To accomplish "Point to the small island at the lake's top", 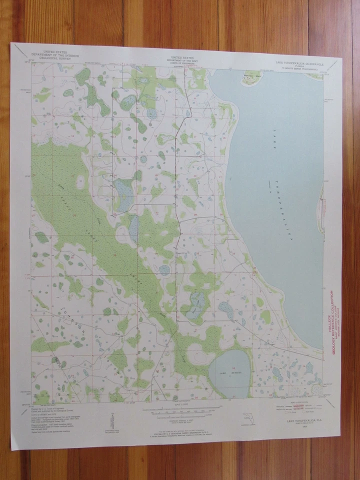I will [250, 77].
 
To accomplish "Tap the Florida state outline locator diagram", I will [246, 416].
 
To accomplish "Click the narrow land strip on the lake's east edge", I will [320, 210].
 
